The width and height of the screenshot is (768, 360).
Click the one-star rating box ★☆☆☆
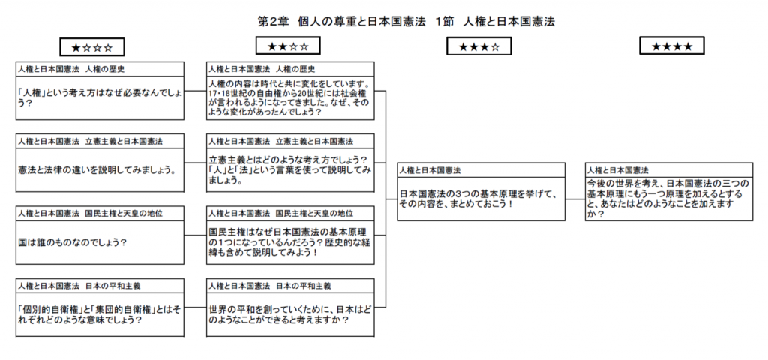pyautogui.click(x=92, y=47)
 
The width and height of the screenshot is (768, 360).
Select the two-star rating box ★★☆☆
pyautogui.click(x=288, y=46)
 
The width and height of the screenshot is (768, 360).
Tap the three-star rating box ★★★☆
pyautogui.click(x=479, y=46)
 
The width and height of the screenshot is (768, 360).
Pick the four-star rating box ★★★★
pyautogui.click(x=672, y=46)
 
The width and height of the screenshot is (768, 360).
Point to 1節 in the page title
pyautogui.click(x=442, y=22)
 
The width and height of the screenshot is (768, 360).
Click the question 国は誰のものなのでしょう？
pyautogui.click(x=72, y=242)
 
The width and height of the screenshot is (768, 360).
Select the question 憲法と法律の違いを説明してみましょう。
pyautogui.click(x=97, y=170)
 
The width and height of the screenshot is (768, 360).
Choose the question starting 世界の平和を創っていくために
pyautogui.click(x=290, y=316)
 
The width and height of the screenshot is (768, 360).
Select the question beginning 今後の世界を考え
pyautogui.click(x=668, y=199)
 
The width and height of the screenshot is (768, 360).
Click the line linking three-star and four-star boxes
pyautogui.click(x=575, y=199)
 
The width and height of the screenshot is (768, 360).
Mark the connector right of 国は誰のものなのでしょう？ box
pyautogui.click(x=196, y=235)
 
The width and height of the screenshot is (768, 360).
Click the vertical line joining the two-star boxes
pyautogui.click(x=386, y=199)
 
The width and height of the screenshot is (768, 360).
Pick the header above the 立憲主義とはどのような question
pyautogui.click(x=281, y=142)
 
